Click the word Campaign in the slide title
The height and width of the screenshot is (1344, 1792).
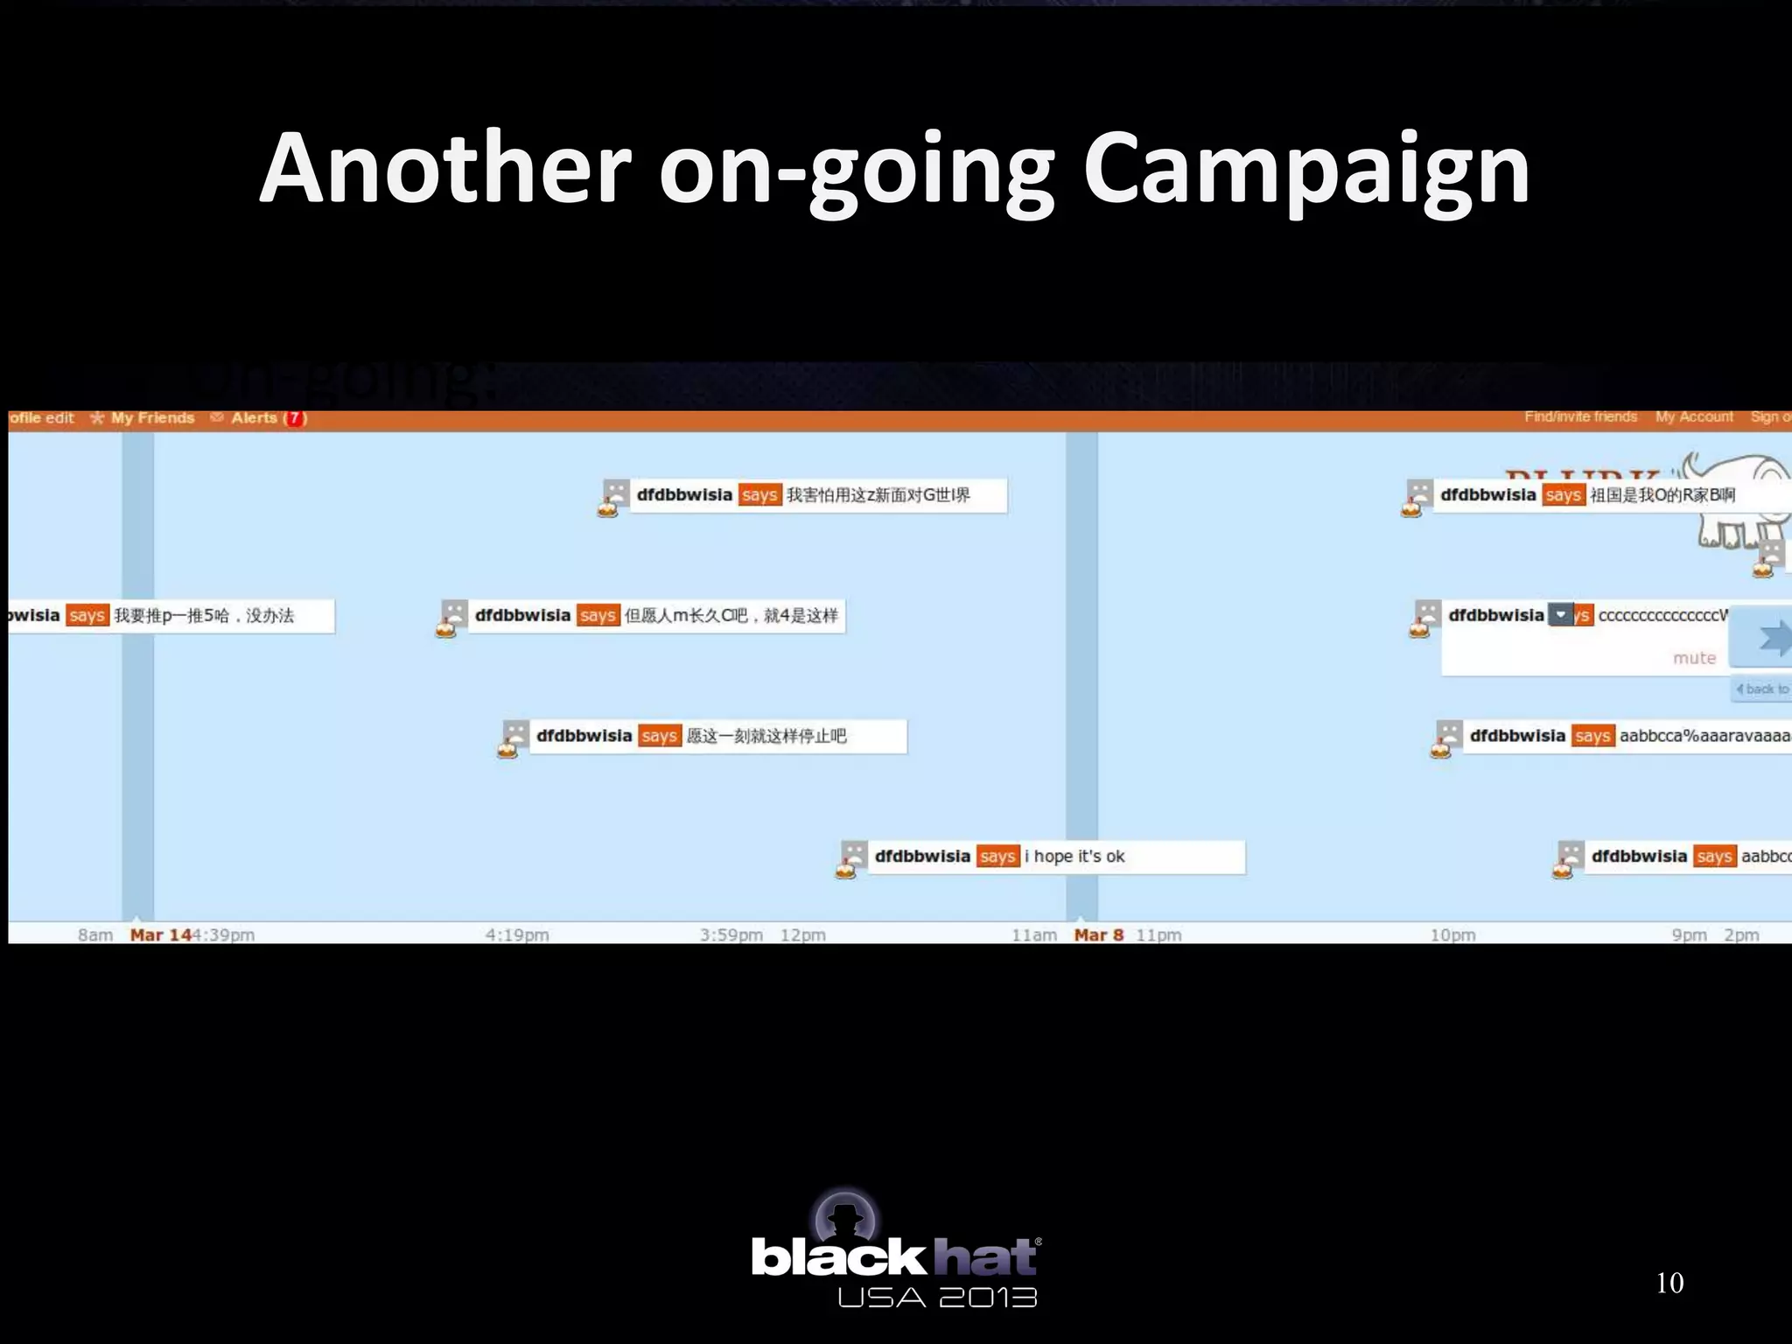(x=1305, y=171)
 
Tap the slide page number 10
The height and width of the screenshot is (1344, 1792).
(x=1669, y=1283)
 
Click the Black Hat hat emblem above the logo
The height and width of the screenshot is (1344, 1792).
(x=845, y=1217)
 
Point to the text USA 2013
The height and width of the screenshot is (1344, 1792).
(x=937, y=1298)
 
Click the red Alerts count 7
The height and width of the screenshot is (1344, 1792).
(x=295, y=418)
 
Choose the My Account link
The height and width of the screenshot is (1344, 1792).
(x=1694, y=417)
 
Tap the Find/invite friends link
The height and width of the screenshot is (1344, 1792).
(x=1580, y=417)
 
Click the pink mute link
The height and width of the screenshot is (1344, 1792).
(x=1694, y=658)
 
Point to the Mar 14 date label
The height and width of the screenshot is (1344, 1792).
(x=161, y=935)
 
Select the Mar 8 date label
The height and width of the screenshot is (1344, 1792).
(x=1099, y=935)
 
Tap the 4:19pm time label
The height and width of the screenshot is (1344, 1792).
(x=517, y=935)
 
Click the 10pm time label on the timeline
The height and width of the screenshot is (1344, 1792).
(x=1452, y=935)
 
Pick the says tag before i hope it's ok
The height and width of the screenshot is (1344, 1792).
(x=997, y=857)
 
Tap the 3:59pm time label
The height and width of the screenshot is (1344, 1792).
(x=731, y=935)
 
